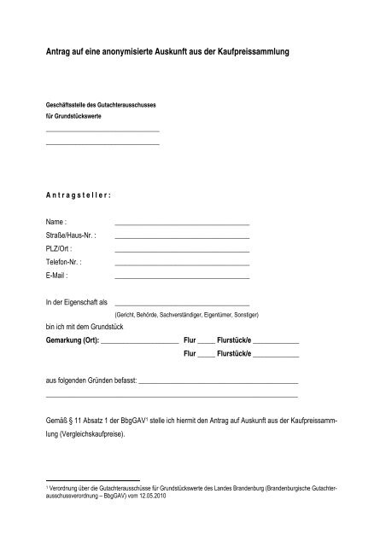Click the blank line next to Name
click(x=181, y=223)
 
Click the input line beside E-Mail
click(x=181, y=278)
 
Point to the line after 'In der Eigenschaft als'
click(x=181, y=305)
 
